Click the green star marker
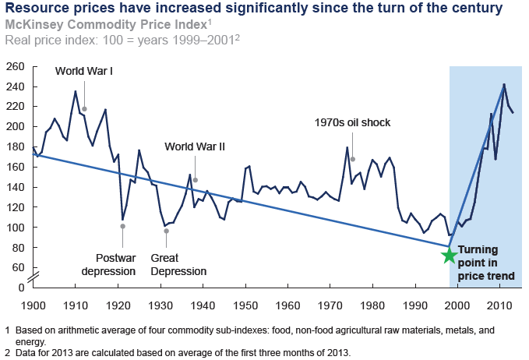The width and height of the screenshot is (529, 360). point(449,255)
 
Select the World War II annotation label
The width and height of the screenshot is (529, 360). point(195,146)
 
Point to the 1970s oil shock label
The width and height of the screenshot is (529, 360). point(352,122)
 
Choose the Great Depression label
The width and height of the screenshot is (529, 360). point(178,265)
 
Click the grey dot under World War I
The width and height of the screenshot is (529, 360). point(84,109)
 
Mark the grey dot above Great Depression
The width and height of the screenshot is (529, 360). point(166,231)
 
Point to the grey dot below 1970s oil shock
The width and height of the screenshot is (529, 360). point(352,159)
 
